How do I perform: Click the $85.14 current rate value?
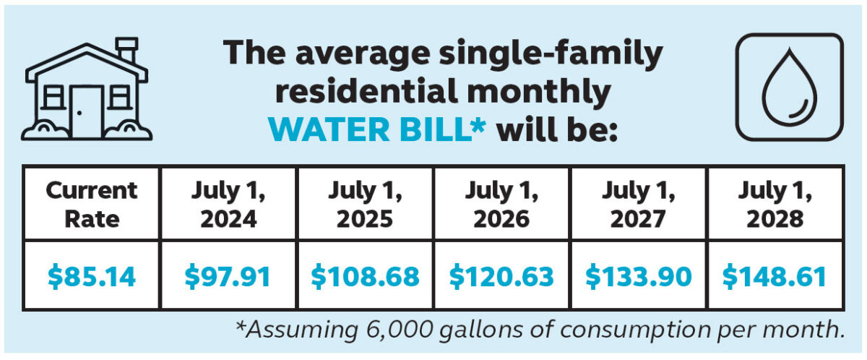[91, 277]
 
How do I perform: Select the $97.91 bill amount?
[228, 277]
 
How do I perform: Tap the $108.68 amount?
[365, 277]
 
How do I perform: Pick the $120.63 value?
[501, 277]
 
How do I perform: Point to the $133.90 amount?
[638, 277]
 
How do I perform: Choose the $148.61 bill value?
[775, 277]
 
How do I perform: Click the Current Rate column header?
[91, 204]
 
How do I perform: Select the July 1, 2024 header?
[228, 204]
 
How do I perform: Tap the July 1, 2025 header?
[365, 204]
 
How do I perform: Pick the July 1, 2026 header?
[501, 204]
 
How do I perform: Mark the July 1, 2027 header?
[638, 204]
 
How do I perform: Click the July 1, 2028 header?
[775, 204]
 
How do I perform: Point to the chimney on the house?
[127, 49]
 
